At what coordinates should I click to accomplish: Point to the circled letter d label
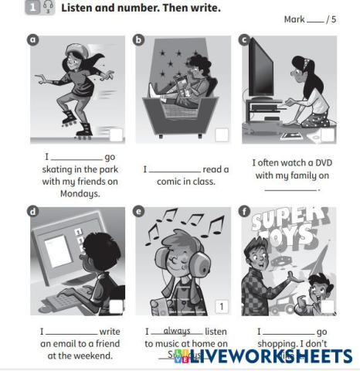[33, 210]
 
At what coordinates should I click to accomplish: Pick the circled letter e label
[140, 210]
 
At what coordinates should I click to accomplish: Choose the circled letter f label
[246, 210]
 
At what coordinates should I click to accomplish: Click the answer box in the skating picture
[115, 136]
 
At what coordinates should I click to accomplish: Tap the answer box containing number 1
[222, 307]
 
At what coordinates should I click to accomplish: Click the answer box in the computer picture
[115, 307]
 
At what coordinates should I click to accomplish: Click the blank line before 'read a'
[174, 170]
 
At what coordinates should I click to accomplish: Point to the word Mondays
[80, 194]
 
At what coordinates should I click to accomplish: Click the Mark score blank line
[315, 19]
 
